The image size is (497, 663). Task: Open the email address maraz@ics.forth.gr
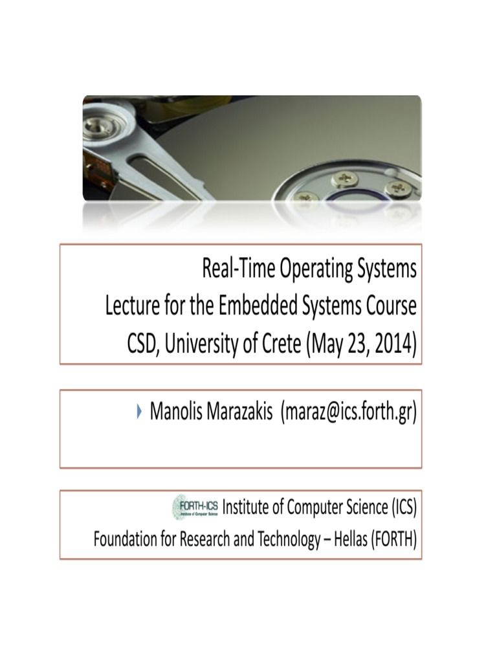pos(348,412)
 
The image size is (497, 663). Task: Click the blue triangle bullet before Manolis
pos(140,410)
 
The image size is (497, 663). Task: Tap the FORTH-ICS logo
pos(196,507)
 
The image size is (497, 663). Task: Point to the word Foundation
pos(126,539)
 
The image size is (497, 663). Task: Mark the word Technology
pos(286,540)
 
